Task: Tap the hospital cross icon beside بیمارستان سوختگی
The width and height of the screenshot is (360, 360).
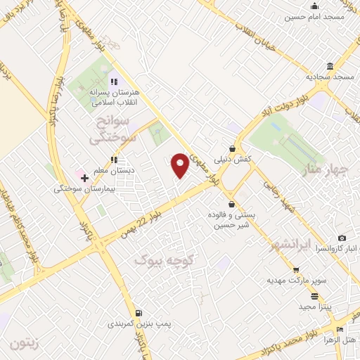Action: (85, 179)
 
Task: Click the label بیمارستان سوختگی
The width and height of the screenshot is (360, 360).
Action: (81, 189)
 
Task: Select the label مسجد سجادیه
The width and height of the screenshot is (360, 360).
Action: (330, 76)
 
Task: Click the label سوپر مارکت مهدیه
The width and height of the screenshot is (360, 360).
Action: (296, 281)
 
